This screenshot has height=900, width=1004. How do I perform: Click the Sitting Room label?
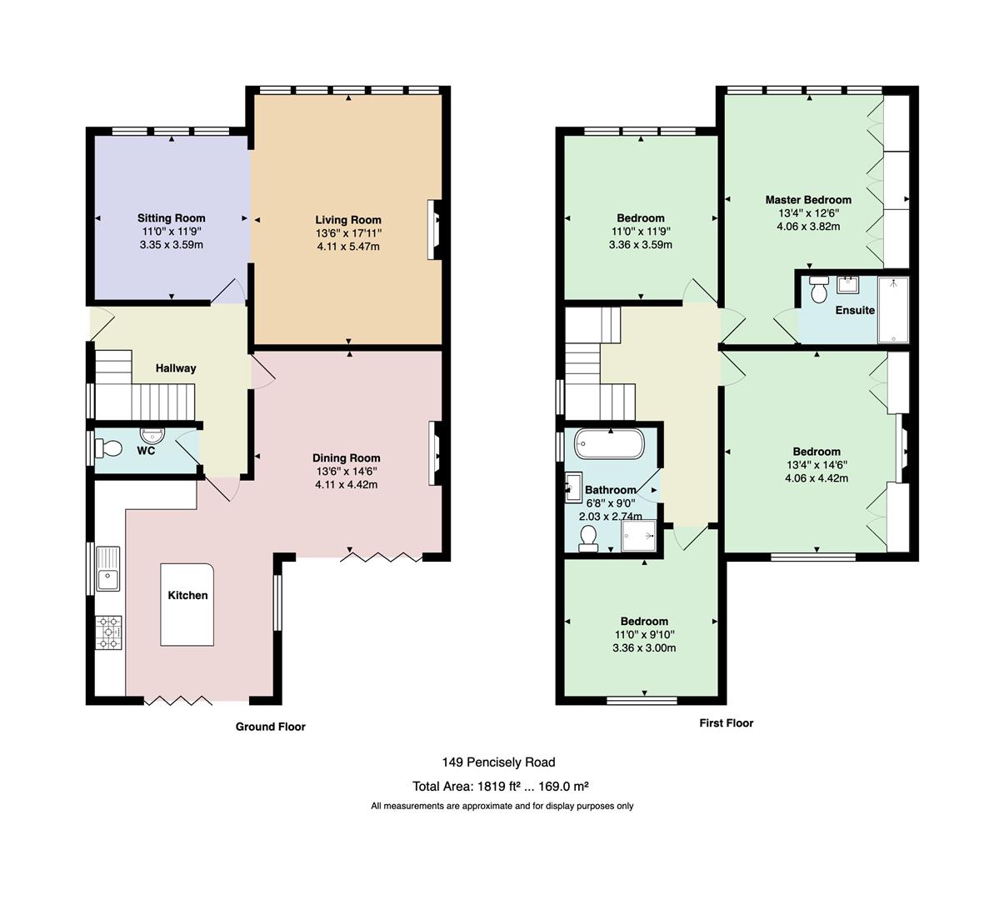(171, 218)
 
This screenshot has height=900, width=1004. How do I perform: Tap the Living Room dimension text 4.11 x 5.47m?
(348, 247)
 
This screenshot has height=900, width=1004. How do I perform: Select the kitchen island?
(187, 605)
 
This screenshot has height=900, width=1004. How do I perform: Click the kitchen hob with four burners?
(108, 632)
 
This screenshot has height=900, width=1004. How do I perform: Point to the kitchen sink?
(108, 569)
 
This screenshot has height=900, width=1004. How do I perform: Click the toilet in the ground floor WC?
(108, 449)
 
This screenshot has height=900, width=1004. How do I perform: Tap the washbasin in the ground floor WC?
(152, 436)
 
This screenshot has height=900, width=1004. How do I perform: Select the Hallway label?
(176, 368)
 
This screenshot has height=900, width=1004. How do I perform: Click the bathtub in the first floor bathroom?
(610, 443)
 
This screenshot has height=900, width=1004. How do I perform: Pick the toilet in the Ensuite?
(819, 289)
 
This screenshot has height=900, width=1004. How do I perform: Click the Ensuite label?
(855, 310)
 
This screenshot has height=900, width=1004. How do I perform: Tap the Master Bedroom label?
(808, 200)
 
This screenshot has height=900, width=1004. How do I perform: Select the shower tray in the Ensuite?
(893, 310)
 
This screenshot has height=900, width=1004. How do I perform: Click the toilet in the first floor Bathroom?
(588, 538)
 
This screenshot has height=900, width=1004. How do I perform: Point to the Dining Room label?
(347, 458)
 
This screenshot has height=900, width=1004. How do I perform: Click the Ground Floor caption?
(271, 727)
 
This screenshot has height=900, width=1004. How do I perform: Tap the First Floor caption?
(726, 723)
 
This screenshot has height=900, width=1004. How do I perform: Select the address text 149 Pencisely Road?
(498, 762)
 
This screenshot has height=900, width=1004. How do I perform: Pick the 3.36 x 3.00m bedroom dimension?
(644, 647)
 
